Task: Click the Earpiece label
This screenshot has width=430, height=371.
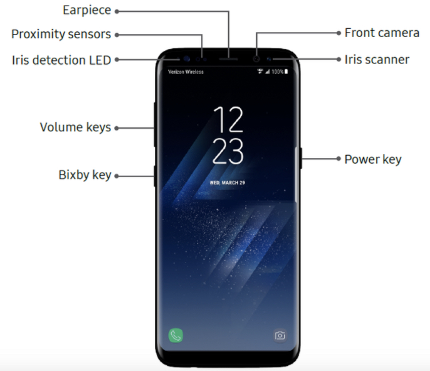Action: (87, 11)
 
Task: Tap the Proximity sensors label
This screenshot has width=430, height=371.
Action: (61, 34)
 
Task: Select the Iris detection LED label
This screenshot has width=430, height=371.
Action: (61, 60)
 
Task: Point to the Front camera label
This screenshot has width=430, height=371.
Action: (382, 33)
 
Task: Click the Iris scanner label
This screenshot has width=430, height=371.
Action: (377, 60)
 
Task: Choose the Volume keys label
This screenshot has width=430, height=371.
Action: (75, 127)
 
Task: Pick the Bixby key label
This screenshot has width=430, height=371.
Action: (85, 175)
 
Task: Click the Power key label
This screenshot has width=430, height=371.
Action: (372, 159)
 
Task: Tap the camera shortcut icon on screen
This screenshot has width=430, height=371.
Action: (280, 335)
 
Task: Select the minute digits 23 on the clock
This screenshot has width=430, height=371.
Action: (228, 151)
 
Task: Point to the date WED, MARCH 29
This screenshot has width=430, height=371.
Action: (228, 183)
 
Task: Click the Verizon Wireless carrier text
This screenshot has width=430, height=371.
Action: (186, 72)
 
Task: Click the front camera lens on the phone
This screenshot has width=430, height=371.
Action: (256, 58)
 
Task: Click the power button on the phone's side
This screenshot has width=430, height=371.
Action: (301, 158)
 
